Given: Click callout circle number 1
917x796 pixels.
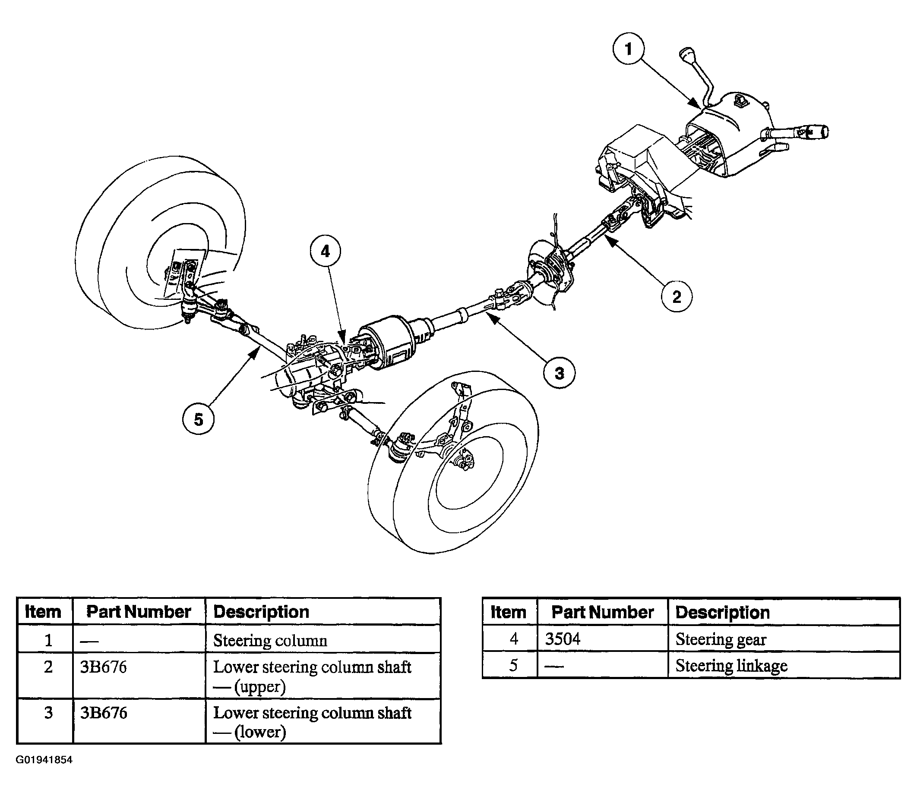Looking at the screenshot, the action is [629, 48].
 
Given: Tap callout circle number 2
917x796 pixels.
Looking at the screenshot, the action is [677, 296].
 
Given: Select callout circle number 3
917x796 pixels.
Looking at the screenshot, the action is [559, 373].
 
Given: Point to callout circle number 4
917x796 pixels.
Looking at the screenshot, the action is [326, 252].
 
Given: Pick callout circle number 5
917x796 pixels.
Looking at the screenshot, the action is [198, 419].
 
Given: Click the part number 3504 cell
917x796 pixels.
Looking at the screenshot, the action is [602, 639].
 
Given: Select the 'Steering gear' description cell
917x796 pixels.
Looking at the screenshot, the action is [784, 639].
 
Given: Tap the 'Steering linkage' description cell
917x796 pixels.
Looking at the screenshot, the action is [784, 665].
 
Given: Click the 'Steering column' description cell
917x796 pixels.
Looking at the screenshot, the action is [323, 640].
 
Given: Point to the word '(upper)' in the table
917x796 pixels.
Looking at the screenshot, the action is [260, 687].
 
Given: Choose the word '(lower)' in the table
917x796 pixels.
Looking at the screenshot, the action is [260, 732].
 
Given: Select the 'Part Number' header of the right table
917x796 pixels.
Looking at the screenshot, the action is [602, 612].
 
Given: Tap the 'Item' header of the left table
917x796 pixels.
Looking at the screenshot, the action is [43, 612].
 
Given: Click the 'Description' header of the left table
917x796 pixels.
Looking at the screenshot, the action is [261, 612].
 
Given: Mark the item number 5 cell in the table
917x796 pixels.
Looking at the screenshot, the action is [513, 665].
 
